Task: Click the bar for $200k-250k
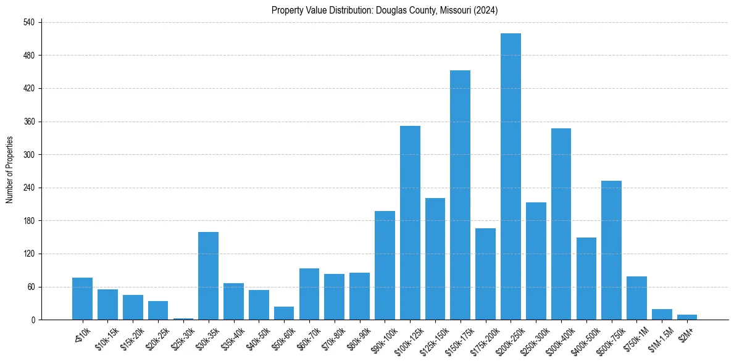(511, 176)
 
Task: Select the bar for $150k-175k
(460, 195)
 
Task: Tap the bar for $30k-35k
(208, 276)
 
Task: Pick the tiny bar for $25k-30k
(183, 319)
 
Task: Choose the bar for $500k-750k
(611, 250)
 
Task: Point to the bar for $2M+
(686, 317)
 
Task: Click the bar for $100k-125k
(410, 223)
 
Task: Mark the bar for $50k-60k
(284, 313)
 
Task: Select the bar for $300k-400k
(561, 224)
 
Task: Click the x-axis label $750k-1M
(634, 337)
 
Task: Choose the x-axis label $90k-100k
(382, 337)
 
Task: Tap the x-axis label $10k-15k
(105, 337)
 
